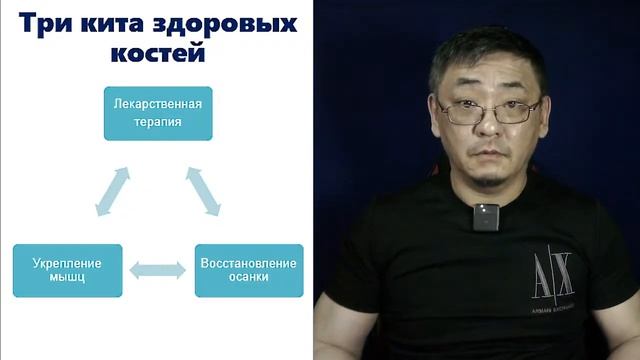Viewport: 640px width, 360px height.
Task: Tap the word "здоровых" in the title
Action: (x=229, y=24)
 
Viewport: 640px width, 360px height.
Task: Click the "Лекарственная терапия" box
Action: (x=158, y=113)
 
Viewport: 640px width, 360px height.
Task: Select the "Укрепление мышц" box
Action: (x=67, y=270)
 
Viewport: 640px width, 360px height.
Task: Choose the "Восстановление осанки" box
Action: (x=248, y=270)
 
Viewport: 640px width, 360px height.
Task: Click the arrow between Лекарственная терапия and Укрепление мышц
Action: (x=112, y=191)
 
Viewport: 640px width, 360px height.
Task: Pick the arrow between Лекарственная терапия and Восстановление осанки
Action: (x=203, y=191)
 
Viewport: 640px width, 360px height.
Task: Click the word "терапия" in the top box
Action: (x=158, y=124)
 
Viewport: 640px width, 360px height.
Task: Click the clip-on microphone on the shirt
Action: (x=486, y=216)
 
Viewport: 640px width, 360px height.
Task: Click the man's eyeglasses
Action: (x=489, y=111)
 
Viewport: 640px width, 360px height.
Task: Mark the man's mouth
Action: (x=489, y=152)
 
